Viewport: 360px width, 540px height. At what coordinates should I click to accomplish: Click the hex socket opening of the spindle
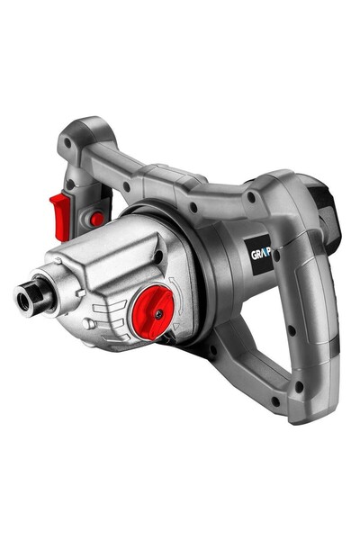tap(23, 298)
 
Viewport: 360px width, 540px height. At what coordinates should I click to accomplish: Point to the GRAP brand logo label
tap(260, 253)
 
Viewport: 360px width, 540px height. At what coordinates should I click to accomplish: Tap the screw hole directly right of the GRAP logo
tap(277, 257)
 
